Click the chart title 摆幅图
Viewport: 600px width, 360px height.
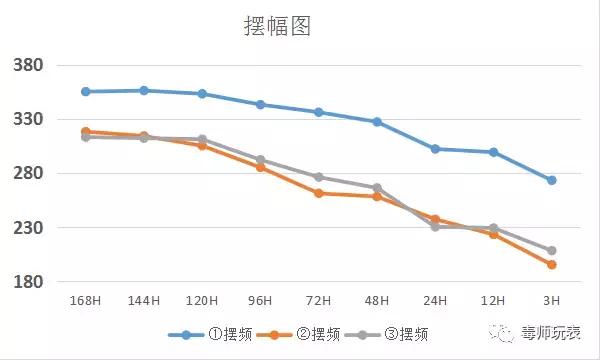click(x=278, y=26)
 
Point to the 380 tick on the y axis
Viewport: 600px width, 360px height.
click(x=27, y=66)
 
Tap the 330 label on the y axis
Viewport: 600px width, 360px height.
click(x=27, y=120)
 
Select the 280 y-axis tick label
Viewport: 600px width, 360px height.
click(x=27, y=174)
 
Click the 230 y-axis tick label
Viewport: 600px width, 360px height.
click(x=27, y=228)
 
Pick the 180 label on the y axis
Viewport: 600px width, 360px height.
click(x=27, y=282)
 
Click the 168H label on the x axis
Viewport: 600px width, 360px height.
click(x=86, y=300)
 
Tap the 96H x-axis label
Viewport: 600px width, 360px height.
click(x=260, y=300)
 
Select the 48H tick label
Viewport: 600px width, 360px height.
click(x=376, y=300)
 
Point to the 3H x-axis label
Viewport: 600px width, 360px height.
click(x=551, y=300)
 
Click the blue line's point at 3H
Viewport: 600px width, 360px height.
click(x=551, y=180)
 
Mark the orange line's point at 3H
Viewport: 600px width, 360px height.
click(x=551, y=264)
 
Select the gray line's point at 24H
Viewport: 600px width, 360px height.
click(x=435, y=227)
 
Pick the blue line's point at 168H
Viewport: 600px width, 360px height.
click(x=86, y=91)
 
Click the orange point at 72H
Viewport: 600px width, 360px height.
click(x=318, y=193)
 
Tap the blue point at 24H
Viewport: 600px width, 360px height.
click(x=435, y=148)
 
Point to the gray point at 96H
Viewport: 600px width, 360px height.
click(x=260, y=159)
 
